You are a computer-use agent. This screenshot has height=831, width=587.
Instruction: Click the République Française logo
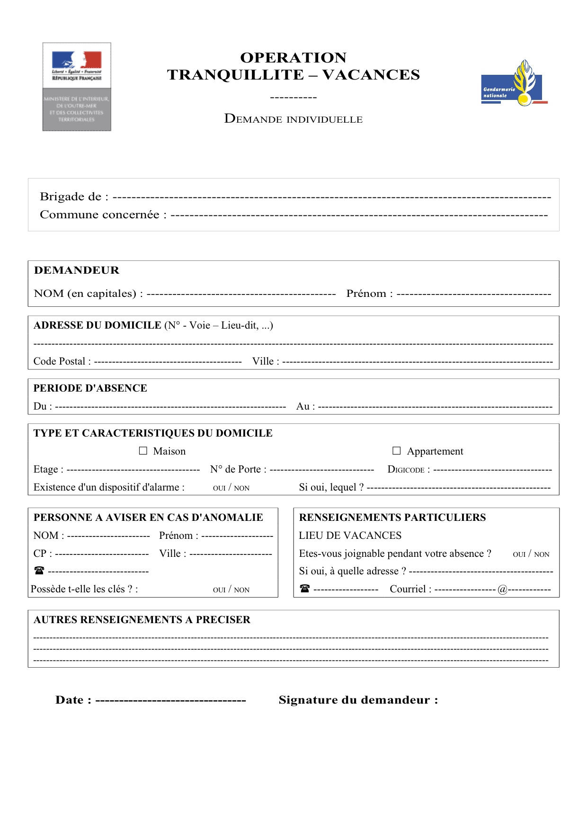[x=77, y=86]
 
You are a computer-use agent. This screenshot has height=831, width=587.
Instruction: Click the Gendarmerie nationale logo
[x=514, y=84]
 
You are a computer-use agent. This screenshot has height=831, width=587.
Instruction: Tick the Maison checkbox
[x=143, y=451]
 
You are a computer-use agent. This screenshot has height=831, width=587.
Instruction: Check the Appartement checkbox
[x=397, y=451]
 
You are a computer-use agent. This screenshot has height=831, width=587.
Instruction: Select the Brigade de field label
[x=74, y=197]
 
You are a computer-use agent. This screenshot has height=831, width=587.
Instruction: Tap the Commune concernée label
[x=103, y=214]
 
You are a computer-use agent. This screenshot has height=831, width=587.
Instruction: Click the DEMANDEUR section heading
[x=77, y=270]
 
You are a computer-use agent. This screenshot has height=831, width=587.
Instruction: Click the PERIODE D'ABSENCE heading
[x=90, y=388]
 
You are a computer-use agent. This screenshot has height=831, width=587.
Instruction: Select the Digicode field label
[x=408, y=469]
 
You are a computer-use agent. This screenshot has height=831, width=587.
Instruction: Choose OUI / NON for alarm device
[x=231, y=488]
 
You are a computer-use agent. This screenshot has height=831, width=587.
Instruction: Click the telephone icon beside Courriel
[x=305, y=589]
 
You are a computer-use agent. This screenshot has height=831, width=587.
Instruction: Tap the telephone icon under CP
[x=39, y=571]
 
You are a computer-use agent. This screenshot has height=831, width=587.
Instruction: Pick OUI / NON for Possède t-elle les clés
[x=231, y=590]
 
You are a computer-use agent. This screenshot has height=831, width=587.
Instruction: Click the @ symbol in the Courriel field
[x=502, y=590]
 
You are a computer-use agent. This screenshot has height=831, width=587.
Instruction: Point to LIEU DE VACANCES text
[x=350, y=536]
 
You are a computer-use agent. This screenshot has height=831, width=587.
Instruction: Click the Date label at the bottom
[x=73, y=700]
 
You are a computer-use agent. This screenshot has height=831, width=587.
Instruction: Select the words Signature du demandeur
[x=358, y=700]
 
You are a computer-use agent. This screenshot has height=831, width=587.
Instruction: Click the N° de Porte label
[x=238, y=469]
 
